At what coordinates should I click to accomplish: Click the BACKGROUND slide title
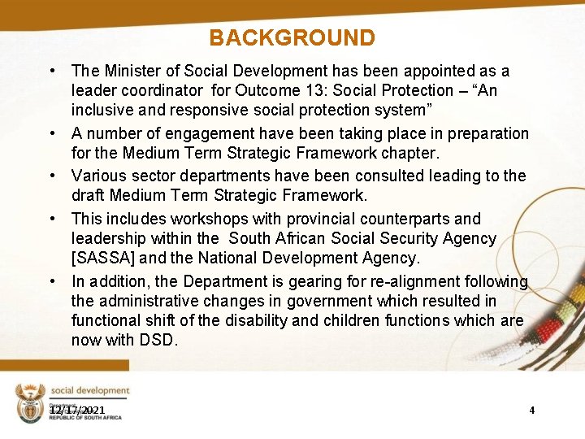[292, 38]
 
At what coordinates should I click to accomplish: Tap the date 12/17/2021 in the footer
[77, 410]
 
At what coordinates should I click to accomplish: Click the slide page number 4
[531, 410]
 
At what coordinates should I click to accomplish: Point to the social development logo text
[89, 391]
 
